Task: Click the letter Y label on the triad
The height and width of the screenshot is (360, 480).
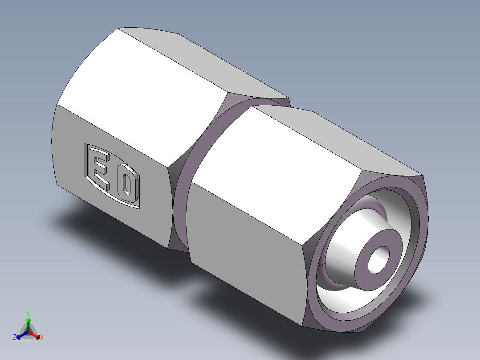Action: [28, 313]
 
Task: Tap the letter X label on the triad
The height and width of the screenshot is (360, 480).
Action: [42, 338]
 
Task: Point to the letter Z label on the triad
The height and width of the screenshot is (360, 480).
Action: [15, 338]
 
